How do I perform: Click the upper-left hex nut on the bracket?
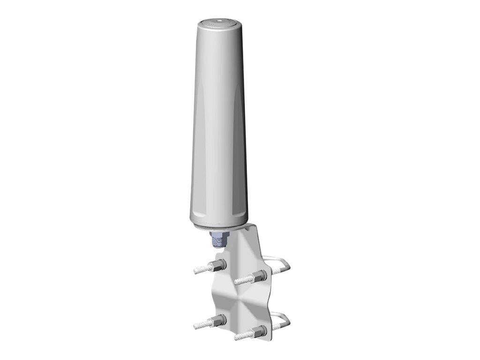click(x=220, y=263)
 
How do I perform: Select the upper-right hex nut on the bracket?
click(x=259, y=274)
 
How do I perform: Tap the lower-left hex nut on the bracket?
click(x=220, y=322)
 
